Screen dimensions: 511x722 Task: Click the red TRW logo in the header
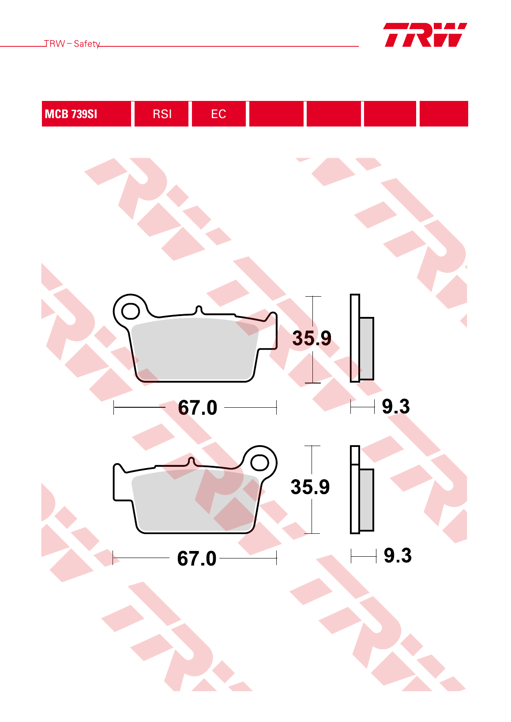[425, 35]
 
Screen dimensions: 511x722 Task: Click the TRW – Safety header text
[72, 44]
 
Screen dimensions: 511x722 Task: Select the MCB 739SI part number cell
[86, 114]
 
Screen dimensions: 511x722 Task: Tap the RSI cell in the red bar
[162, 114]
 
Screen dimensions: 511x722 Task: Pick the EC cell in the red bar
[219, 114]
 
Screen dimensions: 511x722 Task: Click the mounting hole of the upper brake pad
[130, 311]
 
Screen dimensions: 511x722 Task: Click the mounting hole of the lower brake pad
[260, 463]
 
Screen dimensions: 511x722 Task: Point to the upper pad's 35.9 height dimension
[312, 338]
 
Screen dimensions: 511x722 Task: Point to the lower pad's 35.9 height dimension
[310, 487]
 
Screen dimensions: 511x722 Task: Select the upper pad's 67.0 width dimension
[197, 408]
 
